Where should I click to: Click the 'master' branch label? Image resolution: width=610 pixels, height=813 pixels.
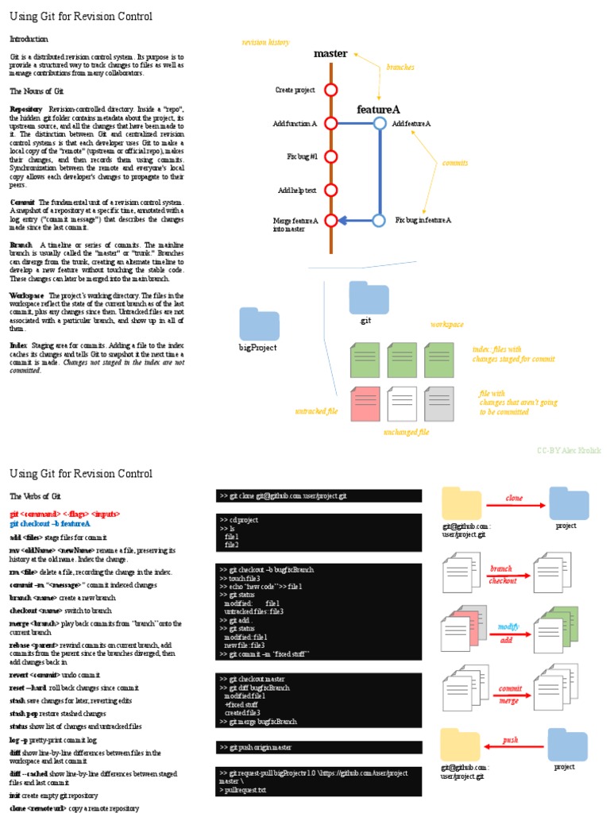(x=330, y=53)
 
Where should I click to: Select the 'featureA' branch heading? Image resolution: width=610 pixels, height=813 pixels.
(x=378, y=109)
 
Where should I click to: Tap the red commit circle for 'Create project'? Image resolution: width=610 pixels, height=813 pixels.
(x=331, y=90)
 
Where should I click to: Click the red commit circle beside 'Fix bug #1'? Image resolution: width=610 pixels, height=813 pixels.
(x=331, y=156)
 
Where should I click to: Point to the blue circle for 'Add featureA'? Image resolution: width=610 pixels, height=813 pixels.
(x=380, y=123)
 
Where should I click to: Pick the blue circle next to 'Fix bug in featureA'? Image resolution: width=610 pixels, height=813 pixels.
(x=379, y=220)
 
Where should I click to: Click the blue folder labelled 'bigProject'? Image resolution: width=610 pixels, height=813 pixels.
(x=259, y=326)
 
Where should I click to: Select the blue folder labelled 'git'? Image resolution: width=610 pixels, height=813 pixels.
(x=369, y=298)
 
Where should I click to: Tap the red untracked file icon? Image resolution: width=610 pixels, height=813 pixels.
(x=365, y=403)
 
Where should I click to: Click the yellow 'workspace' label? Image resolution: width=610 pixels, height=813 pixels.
(x=447, y=324)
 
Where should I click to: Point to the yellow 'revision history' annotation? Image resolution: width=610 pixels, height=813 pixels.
(x=266, y=42)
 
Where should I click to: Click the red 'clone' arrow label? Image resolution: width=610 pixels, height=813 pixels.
(x=515, y=498)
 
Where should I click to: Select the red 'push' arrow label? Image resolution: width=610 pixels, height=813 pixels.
(x=511, y=740)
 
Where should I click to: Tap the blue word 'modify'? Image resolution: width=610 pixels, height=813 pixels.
(x=508, y=626)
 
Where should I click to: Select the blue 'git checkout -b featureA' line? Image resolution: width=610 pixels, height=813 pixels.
(x=50, y=524)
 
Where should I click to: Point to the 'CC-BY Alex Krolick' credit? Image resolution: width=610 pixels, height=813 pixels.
(x=569, y=450)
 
